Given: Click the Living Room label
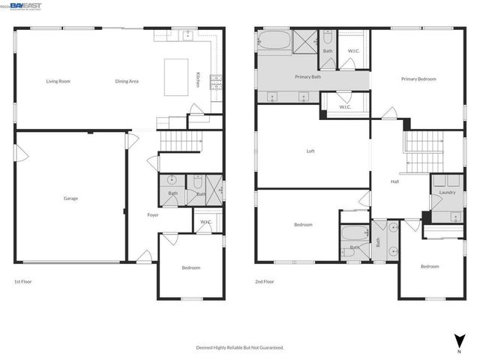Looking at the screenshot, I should (58, 81).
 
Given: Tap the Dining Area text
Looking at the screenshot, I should (127, 81).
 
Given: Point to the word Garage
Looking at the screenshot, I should (70, 198).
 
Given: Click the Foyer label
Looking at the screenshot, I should (151, 215).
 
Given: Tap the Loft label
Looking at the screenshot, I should (310, 151).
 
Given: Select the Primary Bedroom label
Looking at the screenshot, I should (418, 79).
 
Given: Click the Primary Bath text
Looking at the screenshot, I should (307, 76).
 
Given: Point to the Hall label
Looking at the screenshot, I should (394, 181).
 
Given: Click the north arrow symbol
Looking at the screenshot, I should (457, 340).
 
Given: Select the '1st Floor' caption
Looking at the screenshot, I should (22, 281).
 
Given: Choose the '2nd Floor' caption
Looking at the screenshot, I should (264, 281).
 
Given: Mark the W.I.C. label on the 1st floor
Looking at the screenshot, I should (205, 222).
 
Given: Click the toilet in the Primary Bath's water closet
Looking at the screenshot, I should (328, 37).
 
